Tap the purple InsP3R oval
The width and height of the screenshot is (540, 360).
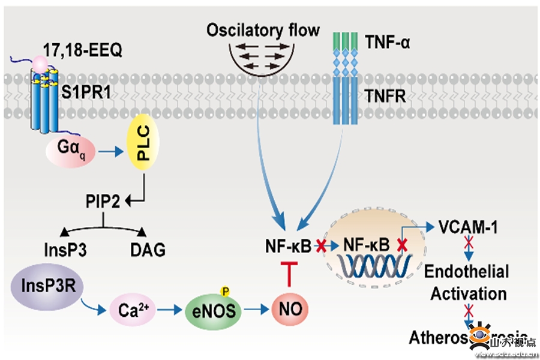click(45, 282)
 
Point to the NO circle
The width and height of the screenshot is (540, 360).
click(290, 310)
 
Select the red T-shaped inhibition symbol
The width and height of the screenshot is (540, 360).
click(290, 273)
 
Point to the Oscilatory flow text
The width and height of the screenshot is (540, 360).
click(263, 30)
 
